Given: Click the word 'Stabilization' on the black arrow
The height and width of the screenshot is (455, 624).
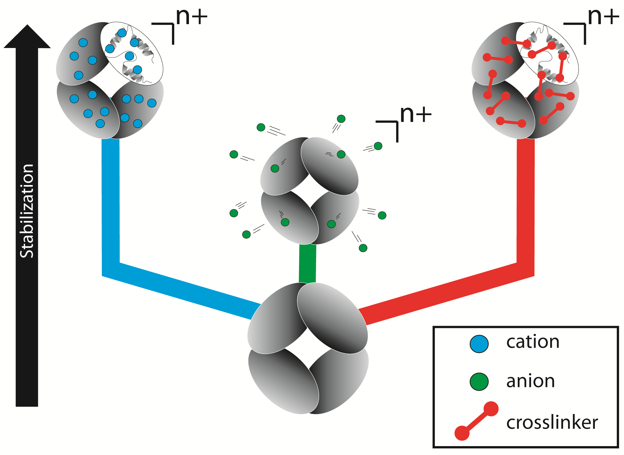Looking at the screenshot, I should click(27, 211).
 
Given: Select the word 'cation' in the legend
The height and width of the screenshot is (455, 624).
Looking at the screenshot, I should click(533, 342).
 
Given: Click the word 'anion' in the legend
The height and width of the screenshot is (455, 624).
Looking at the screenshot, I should click(530, 381).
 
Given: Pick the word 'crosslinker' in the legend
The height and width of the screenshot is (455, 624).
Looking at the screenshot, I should click(552, 423).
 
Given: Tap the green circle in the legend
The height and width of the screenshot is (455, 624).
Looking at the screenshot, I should click(479, 381).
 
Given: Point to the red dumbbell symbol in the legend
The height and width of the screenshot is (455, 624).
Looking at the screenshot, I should click(476, 421).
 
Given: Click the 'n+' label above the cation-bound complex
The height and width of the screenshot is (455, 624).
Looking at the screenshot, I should click(192, 17).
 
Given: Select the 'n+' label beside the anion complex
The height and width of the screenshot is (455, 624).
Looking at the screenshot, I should click(416, 114).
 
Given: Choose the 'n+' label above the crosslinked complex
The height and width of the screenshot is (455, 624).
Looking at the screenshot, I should click(603, 17).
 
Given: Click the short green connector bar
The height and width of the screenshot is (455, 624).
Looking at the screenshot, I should click(307, 264).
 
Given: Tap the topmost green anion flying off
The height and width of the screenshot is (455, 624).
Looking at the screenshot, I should click(341, 119).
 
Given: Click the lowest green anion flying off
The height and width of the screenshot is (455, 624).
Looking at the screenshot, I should click(363, 248).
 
